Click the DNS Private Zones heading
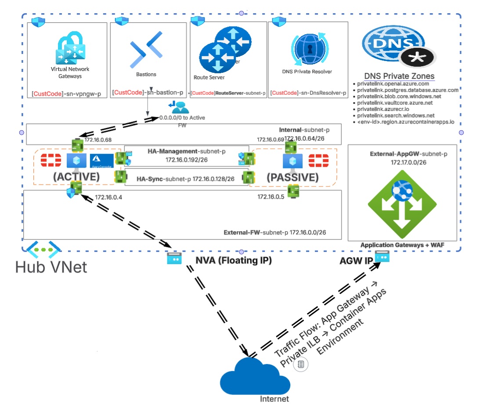click(x=399, y=76)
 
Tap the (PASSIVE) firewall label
click(x=292, y=177)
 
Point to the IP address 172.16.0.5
click(x=271, y=197)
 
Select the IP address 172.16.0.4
click(x=108, y=197)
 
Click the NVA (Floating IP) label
click(x=234, y=261)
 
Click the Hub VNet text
click(x=51, y=267)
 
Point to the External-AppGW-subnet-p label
click(x=408, y=154)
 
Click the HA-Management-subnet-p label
click(x=187, y=151)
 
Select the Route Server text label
click(x=209, y=77)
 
